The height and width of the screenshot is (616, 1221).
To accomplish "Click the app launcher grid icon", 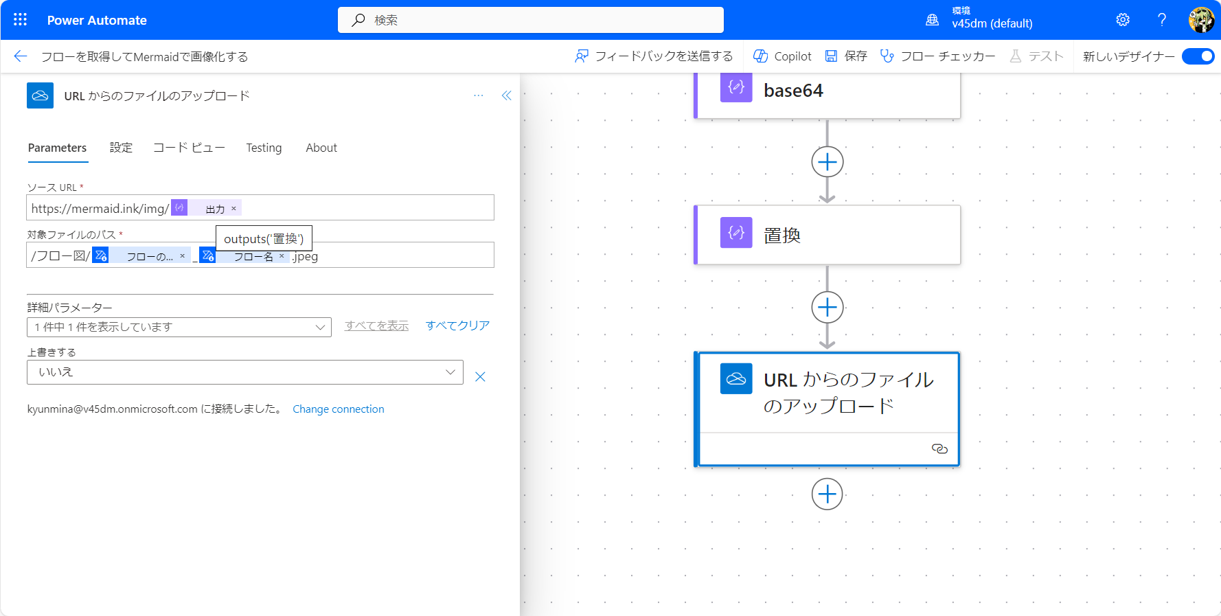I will (21, 20).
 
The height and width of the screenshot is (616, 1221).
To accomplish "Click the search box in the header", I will (530, 20).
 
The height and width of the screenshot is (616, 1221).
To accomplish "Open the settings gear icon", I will (1123, 20).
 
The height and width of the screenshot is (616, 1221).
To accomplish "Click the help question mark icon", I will (1162, 20).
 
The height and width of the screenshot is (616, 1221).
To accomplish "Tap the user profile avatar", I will (1201, 20).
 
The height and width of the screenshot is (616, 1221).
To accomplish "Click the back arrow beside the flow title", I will (21, 56).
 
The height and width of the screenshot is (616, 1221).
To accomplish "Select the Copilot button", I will (782, 56).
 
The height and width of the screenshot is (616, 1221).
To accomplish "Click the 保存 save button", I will (846, 56).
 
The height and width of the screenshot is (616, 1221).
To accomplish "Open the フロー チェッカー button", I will (937, 56).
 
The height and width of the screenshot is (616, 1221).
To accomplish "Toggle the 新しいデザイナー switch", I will (1198, 56).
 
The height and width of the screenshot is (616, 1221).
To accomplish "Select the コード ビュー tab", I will (189, 148).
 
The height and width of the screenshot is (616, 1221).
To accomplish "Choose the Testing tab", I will (264, 148).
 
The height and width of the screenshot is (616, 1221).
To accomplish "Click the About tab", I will (321, 148).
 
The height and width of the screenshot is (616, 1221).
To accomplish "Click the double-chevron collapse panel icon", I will (507, 95).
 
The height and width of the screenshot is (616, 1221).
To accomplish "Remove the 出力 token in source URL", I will (233, 208).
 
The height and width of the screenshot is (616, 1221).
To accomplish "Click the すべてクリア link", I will (457, 326).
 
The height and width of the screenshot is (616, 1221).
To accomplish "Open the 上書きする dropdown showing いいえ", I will (245, 372).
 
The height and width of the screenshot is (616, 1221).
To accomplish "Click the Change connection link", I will (339, 409).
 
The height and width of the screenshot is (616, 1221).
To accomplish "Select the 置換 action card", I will (828, 235).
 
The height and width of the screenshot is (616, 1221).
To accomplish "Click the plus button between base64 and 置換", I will (828, 162).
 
